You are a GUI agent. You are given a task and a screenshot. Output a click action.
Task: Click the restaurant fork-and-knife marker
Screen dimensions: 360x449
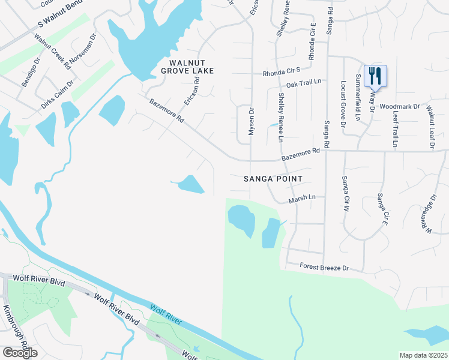(375, 76)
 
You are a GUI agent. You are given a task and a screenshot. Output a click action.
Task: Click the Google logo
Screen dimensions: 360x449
(19, 353)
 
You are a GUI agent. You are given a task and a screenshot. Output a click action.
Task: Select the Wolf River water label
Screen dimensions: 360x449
(166, 314)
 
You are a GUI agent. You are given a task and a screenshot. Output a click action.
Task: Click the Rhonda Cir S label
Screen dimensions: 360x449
(281, 74)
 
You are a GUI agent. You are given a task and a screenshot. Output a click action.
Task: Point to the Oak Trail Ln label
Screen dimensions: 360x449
(304, 85)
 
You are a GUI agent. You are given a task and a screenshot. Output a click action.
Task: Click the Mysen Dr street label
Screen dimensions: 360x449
(252, 122)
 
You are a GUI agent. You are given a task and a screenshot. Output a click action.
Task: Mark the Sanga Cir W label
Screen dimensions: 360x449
(345, 194)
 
